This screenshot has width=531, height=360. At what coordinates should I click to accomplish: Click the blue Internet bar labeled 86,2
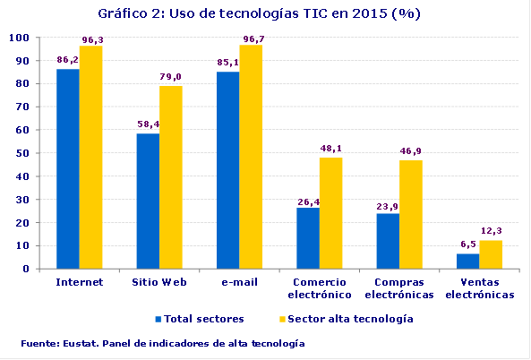coord(67,168)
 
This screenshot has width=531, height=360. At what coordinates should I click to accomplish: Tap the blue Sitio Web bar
coord(148,201)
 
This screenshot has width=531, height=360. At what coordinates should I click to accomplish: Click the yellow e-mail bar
coord(251,156)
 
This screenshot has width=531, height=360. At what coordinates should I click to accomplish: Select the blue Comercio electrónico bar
coord(308,237)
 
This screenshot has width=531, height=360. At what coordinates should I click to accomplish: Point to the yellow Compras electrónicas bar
coord(411,214)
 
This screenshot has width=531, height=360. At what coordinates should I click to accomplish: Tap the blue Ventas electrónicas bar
coord(467,261)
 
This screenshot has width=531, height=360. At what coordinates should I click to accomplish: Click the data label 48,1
coord(331,149)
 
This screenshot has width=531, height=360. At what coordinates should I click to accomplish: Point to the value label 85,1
coord(228,63)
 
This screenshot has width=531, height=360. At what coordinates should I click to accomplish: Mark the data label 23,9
coord(388,205)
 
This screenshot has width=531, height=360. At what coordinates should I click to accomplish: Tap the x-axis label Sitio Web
coord(159,281)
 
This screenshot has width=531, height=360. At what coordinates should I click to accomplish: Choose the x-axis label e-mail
coord(239,281)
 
